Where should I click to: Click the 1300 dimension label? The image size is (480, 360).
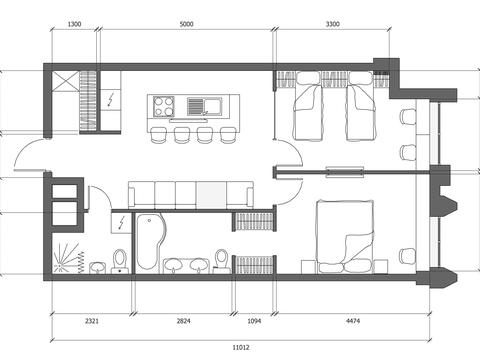[x=74, y=24]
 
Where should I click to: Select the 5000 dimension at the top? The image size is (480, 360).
[x=186, y=24]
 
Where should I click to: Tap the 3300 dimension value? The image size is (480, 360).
[x=333, y=24]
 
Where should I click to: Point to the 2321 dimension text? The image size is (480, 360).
[x=92, y=321]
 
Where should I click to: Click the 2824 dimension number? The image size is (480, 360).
[x=183, y=321]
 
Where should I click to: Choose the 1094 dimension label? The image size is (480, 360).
[x=254, y=321]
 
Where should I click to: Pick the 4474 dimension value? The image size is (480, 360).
[x=353, y=321]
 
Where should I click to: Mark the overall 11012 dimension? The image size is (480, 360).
[x=241, y=347]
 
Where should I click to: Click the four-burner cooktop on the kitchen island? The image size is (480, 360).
[x=164, y=106]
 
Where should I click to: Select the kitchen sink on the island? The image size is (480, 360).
[x=205, y=106]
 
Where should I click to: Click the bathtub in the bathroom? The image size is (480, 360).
[x=150, y=242]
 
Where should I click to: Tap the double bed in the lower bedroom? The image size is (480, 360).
[x=345, y=236]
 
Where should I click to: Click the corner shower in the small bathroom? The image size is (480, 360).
[x=68, y=258]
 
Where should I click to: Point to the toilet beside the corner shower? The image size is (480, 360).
[x=120, y=261]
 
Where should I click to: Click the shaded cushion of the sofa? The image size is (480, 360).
[x=211, y=195]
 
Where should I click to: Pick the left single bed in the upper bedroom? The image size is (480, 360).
[x=308, y=107]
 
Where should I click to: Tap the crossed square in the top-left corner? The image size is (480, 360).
[x=66, y=84]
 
